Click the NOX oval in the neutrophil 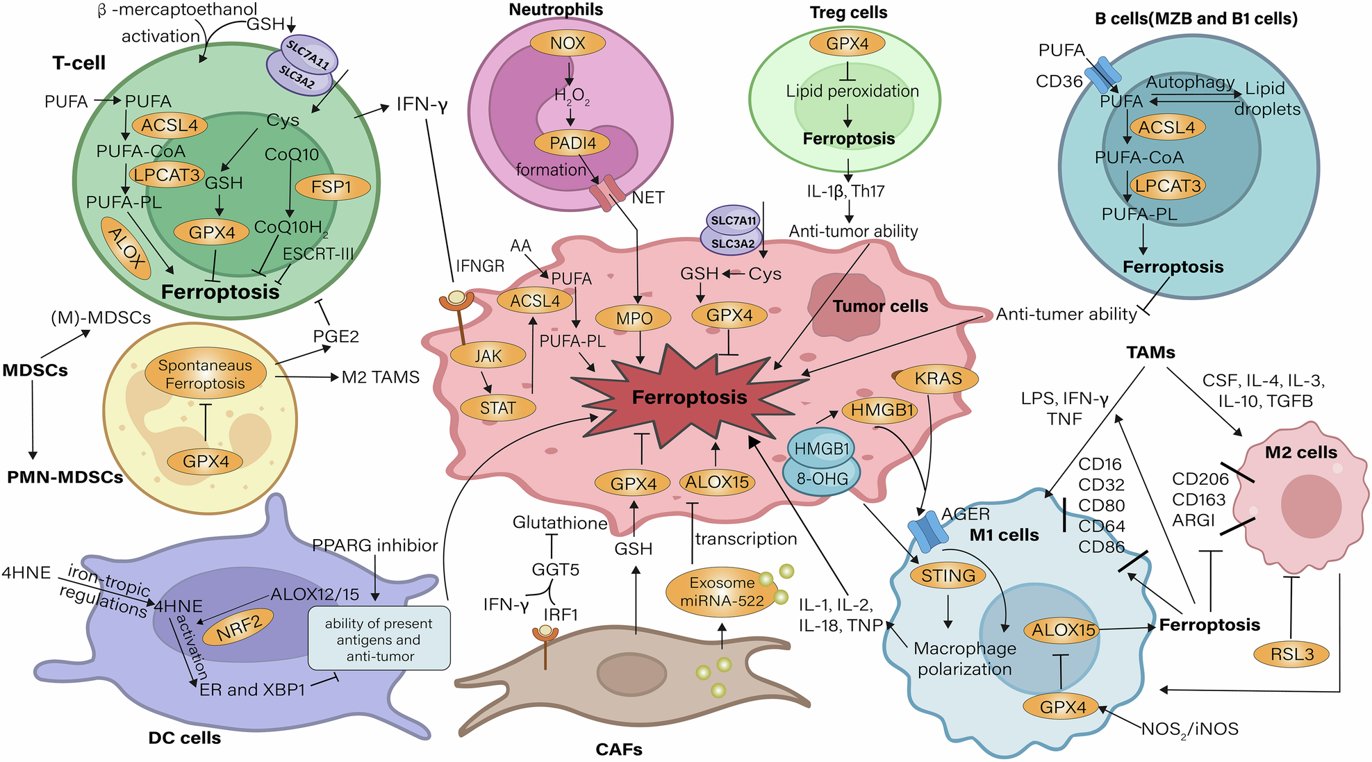(x=568, y=44)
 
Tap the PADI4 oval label (x=572, y=144)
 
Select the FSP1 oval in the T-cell (x=332, y=187)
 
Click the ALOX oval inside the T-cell (x=126, y=249)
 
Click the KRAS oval (x=938, y=379)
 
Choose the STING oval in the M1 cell (x=948, y=576)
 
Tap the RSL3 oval (x=1291, y=654)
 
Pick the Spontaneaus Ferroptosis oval (x=205, y=374)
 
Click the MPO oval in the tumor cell (x=634, y=319)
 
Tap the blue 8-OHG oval (x=822, y=479)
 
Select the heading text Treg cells (x=848, y=13)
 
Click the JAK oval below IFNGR (x=488, y=356)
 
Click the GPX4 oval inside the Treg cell (x=848, y=44)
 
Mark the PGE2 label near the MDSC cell (x=336, y=337)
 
